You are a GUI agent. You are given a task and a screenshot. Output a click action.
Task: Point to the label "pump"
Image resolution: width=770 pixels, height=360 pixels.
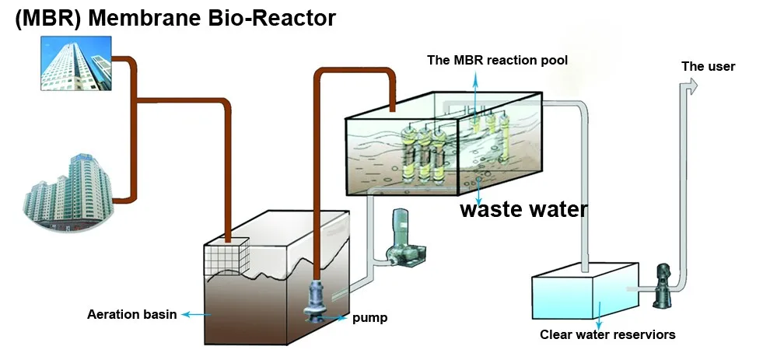click(x=370, y=318)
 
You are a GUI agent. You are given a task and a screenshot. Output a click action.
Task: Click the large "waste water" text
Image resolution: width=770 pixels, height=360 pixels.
click(x=523, y=209)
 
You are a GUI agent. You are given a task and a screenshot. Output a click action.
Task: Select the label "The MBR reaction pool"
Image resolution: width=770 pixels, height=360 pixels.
click(x=502, y=60)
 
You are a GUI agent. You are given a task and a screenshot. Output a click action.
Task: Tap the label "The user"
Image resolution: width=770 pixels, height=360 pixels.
click(x=708, y=66)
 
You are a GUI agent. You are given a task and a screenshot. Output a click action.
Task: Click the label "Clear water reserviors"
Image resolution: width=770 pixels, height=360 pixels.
click(x=607, y=335)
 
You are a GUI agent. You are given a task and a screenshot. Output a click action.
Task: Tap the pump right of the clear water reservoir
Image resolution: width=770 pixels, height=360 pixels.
click(x=663, y=284)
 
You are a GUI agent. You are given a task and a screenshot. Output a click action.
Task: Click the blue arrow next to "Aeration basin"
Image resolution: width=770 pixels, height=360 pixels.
click(x=198, y=315)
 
